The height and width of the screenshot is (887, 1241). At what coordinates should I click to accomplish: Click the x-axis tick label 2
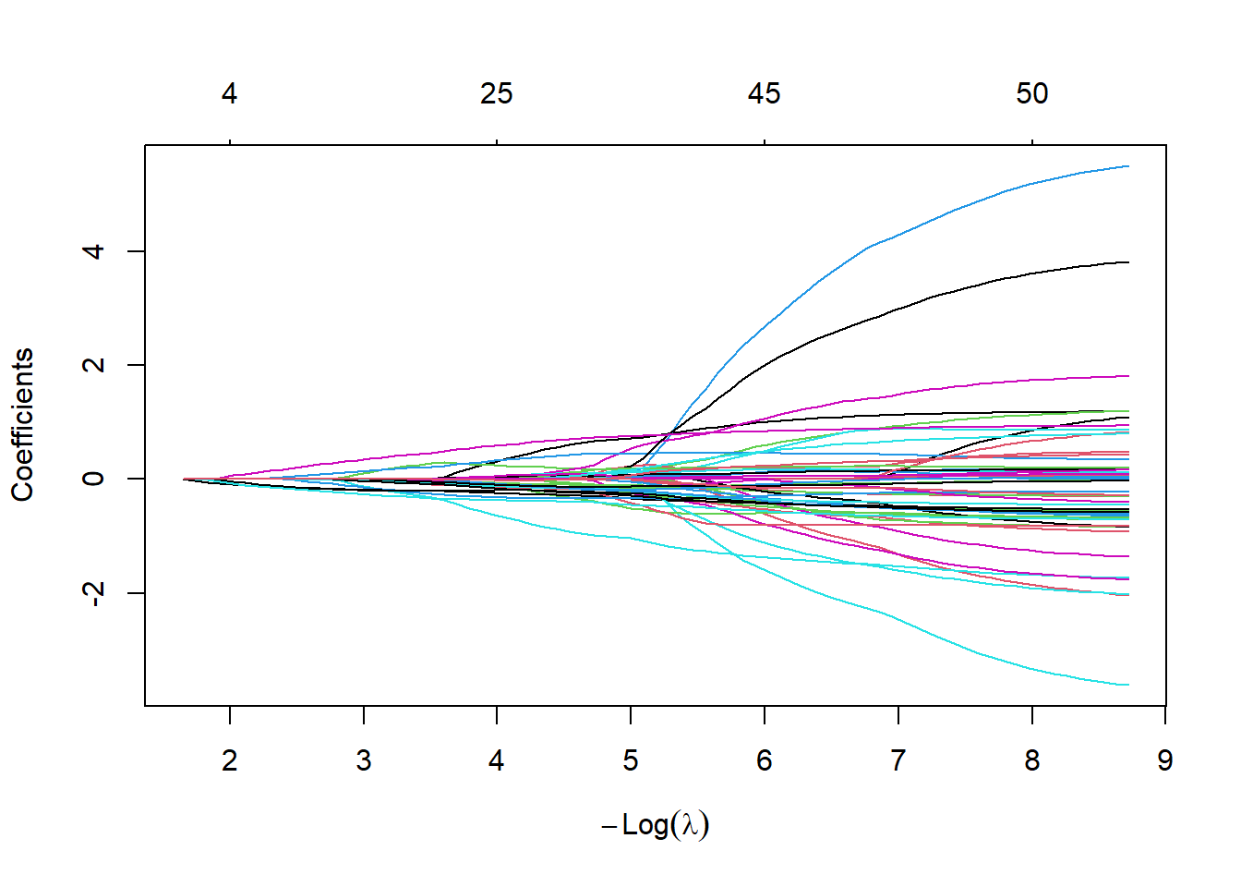[x=230, y=760]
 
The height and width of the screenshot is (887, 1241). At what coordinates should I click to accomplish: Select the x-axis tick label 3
[x=364, y=760]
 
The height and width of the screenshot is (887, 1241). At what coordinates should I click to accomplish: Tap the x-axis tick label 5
[x=631, y=760]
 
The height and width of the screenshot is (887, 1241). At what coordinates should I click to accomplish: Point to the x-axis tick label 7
[x=898, y=760]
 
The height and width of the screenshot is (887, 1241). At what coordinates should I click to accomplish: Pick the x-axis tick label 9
[x=1165, y=760]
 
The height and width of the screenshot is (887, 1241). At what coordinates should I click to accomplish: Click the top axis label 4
[x=230, y=93]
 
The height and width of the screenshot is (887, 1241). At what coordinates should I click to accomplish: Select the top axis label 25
[x=497, y=93]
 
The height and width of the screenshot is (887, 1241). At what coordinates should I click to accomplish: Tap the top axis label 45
[x=765, y=93]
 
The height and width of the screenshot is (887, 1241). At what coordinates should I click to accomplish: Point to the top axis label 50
[x=1032, y=93]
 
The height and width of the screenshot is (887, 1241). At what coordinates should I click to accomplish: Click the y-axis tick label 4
[x=93, y=251]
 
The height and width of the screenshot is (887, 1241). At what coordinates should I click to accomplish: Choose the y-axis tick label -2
[x=93, y=592]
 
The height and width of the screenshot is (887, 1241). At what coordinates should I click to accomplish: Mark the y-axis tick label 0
[x=93, y=479]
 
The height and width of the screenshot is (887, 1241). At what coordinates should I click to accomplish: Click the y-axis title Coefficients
[x=22, y=425]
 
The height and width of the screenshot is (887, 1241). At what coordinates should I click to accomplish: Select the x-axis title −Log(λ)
[x=656, y=824]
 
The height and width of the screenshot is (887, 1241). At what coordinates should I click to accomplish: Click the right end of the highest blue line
[x=1128, y=166]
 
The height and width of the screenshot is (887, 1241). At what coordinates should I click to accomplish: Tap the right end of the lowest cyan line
[x=1128, y=685]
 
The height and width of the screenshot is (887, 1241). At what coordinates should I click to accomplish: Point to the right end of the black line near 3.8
[x=1128, y=262]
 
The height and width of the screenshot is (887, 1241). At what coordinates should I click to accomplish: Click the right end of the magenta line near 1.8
[x=1128, y=376]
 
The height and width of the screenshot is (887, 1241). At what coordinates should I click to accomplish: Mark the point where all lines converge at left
[x=185, y=479]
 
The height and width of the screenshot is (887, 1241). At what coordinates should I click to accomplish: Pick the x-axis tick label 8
[x=1032, y=760]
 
